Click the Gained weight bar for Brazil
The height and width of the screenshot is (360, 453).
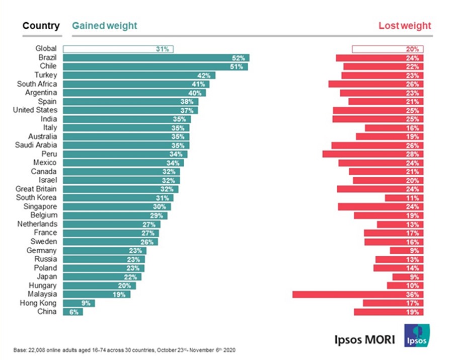point(156,58)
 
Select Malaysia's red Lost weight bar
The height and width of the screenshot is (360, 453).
point(358,294)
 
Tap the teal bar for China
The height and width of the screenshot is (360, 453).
point(72,312)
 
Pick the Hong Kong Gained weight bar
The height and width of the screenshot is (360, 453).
point(79,303)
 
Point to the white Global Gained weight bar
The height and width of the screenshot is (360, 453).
point(118,49)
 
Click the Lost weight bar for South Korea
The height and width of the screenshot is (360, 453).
point(404,198)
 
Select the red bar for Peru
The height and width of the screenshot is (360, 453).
point(373,154)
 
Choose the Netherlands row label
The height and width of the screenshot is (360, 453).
point(37,224)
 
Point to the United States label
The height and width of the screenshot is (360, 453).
point(35,110)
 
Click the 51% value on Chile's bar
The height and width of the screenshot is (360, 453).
point(237,66)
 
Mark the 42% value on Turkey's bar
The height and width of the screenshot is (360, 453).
point(204,76)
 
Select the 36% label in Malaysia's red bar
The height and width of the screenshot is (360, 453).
point(413,294)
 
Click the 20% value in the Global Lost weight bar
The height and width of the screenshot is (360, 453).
point(413,49)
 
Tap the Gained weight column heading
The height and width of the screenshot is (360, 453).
point(104,26)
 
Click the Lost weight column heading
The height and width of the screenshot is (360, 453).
point(405,26)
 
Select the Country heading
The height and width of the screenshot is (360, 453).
point(41,26)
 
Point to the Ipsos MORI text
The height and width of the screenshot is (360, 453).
point(364,339)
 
